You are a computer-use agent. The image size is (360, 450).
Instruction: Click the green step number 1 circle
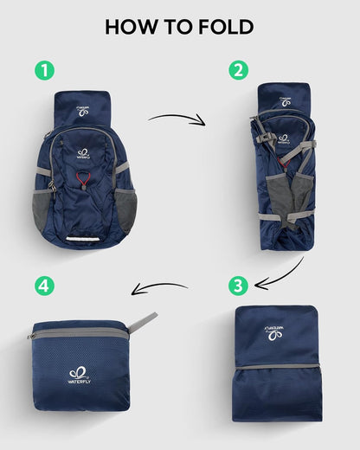tap(43, 71)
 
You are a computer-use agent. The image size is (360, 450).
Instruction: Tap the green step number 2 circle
tap(237, 71)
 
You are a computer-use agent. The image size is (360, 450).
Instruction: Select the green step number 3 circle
tap(237, 285)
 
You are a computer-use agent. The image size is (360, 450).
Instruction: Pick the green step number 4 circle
tap(43, 285)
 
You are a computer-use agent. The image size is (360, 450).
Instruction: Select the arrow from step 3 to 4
tap(159, 288)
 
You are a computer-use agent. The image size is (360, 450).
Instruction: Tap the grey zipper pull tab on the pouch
tap(143, 322)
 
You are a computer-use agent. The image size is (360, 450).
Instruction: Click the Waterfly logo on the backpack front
tap(84, 152)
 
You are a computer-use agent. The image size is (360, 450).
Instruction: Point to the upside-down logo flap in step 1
tap(84, 109)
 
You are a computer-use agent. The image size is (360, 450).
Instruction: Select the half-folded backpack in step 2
tap(282, 164)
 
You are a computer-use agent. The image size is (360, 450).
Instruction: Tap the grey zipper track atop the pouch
tap(78, 333)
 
